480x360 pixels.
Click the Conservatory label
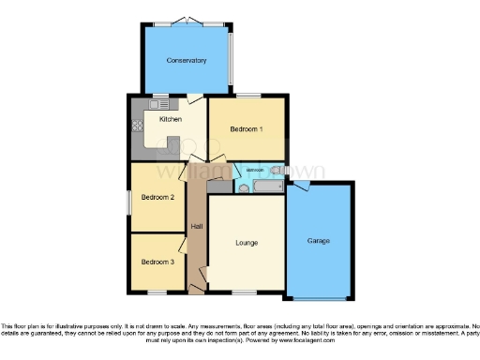point(186,61)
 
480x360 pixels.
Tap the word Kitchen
point(170,120)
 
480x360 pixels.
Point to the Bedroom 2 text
point(158,198)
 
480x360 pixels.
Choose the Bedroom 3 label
point(158,262)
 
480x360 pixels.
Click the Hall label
point(196,227)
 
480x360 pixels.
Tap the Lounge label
point(246,243)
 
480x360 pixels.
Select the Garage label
point(319,241)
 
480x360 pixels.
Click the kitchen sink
point(156,103)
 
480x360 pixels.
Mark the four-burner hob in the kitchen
point(137,126)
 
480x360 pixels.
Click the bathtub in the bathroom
point(267,189)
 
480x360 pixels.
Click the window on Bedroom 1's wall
point(247,96)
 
